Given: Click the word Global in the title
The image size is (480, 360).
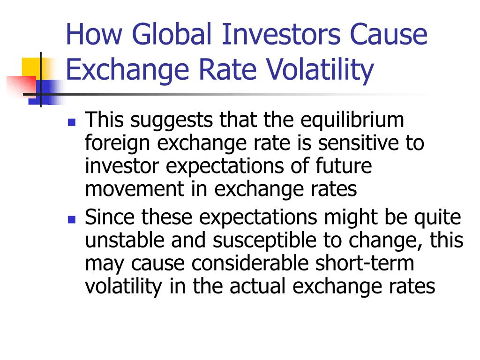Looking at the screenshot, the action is pyautogui.click(x=172, y=34).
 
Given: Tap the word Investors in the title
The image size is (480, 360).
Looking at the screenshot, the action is pyautogui.click(x=281, y=34).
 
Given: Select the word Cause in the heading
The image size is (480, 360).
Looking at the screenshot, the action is pyautogui.click(x=389, y=34).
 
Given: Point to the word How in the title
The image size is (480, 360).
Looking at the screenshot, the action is pyautogui.click(x=94, y=34).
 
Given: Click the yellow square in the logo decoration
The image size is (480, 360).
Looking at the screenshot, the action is pyautogui.click(x=32, y=67).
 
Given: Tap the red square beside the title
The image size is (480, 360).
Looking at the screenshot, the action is pyautogui.click(x=22, y=86).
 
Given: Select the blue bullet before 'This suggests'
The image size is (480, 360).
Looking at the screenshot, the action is pyautogui.click(x=72, y=123).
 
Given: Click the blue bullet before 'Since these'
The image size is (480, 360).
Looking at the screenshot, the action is pyautogui.click(x=72, y=219).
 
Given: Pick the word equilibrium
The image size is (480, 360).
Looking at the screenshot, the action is pyautogui.click(x=352, y=120).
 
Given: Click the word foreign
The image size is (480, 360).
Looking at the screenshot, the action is pyautogui.click(x=117, y=143).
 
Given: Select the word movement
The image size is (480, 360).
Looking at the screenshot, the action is pyautogui.click(x=135, y=189).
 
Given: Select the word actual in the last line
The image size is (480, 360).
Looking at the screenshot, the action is pyautogui.click(x=257, y=286).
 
